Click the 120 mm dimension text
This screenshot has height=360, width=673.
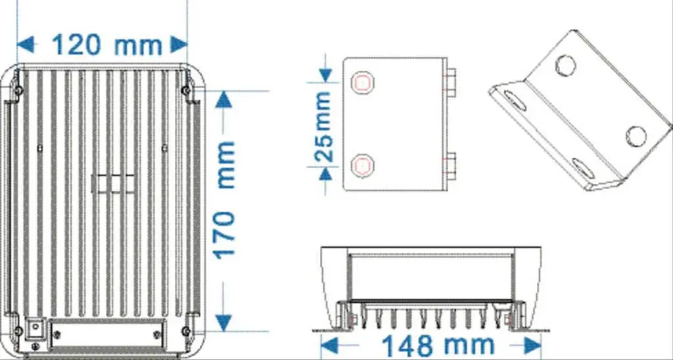tap(106, 45)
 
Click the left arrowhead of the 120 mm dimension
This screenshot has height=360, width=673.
tap(25, 45)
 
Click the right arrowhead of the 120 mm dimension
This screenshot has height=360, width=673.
tap(179, 45)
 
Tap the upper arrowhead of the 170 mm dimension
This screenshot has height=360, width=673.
tap(224, 99)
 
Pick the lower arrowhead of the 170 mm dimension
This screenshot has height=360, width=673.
tap(224, 321)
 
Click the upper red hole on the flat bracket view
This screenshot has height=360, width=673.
tap(362, 83)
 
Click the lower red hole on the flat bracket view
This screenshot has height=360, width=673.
tap(362, 164)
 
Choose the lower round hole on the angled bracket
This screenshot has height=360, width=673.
tap(636, 136)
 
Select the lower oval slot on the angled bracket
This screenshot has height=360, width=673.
tap(584, 169)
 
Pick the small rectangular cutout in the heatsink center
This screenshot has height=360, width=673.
tap(112, 184)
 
